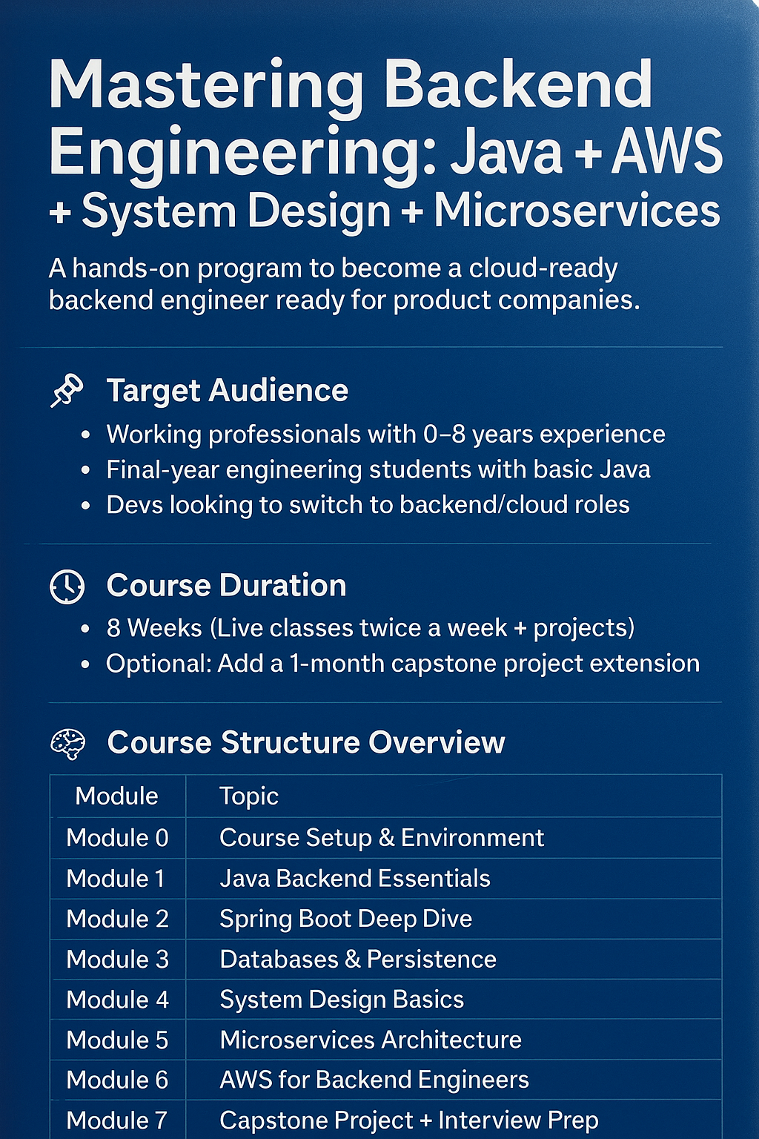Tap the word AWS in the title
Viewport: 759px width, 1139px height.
[666, 151]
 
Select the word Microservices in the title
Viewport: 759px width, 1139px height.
[577, 211]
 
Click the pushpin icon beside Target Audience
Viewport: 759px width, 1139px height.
[67, 391]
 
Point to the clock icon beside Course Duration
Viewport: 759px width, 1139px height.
[67, 587]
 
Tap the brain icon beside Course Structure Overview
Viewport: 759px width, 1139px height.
[68, 744]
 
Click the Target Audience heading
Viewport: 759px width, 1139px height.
[228, 391]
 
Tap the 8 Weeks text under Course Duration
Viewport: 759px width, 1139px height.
[154, 628]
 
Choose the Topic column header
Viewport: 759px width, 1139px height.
[248, 796]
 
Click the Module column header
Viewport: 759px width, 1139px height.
[116, 796]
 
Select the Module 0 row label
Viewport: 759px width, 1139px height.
[117, 837]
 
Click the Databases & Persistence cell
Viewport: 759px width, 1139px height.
[358, 960]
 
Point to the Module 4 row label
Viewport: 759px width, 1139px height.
[117, 1000]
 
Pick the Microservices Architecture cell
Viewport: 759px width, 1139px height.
[371, 1040]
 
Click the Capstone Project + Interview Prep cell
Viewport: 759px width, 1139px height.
[408, 1120]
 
